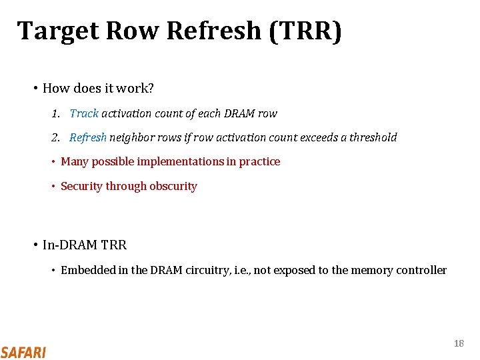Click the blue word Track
pos(84,113)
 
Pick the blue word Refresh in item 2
pos(88,137)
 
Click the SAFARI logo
pos(23,351)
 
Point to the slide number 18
pos(459,343)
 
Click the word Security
pos(81,186)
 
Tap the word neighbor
pos(131,137)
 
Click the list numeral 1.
pos(55,113)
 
